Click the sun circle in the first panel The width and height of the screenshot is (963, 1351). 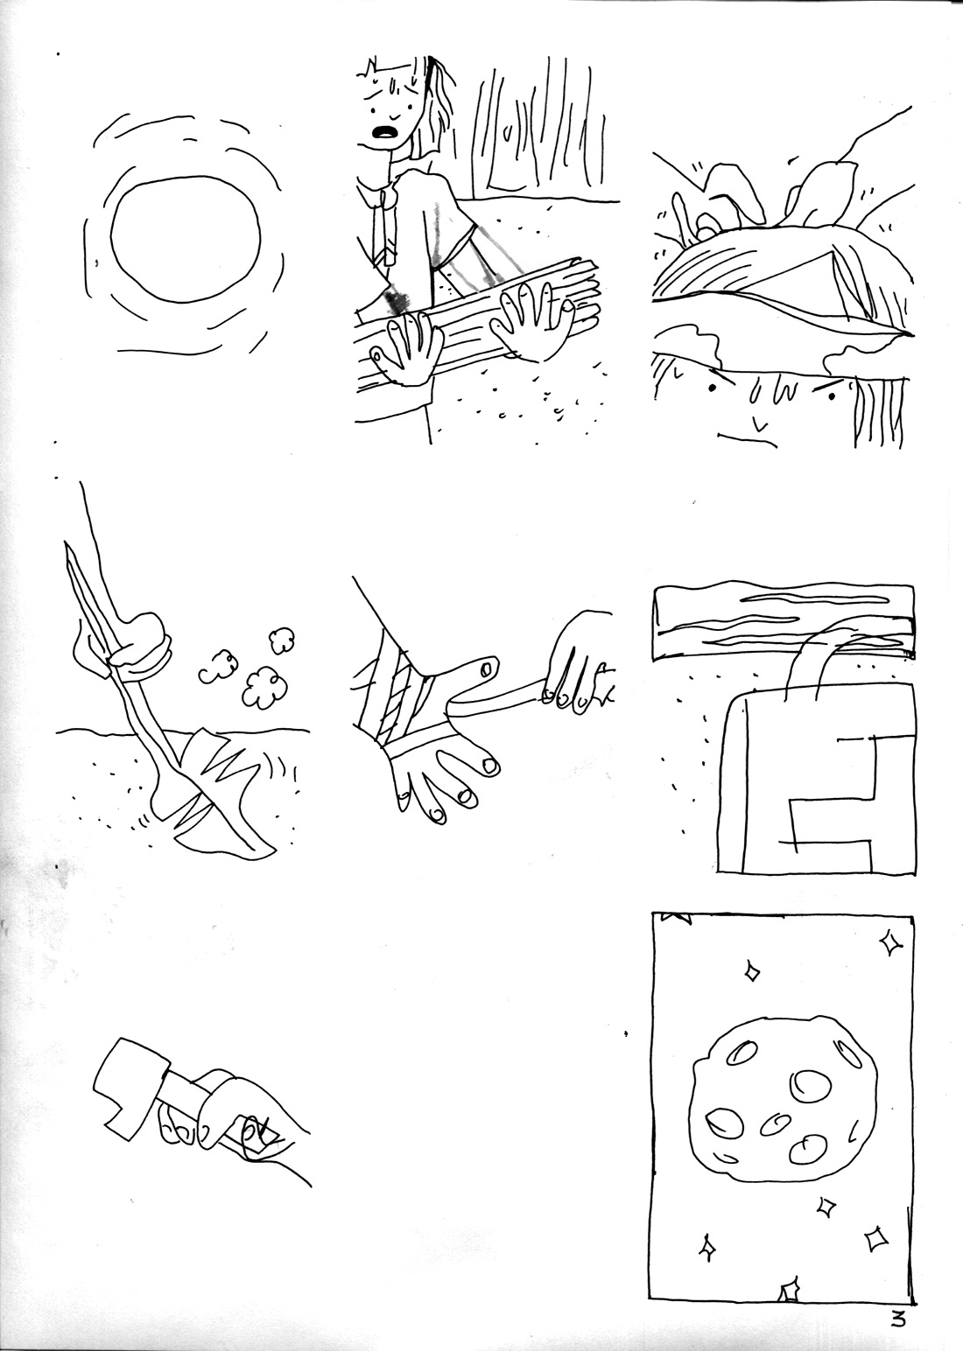(x=186, y=236)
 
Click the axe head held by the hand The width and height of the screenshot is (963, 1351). (x=127, y=1079)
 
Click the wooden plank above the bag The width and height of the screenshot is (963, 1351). (x=784, y=618)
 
